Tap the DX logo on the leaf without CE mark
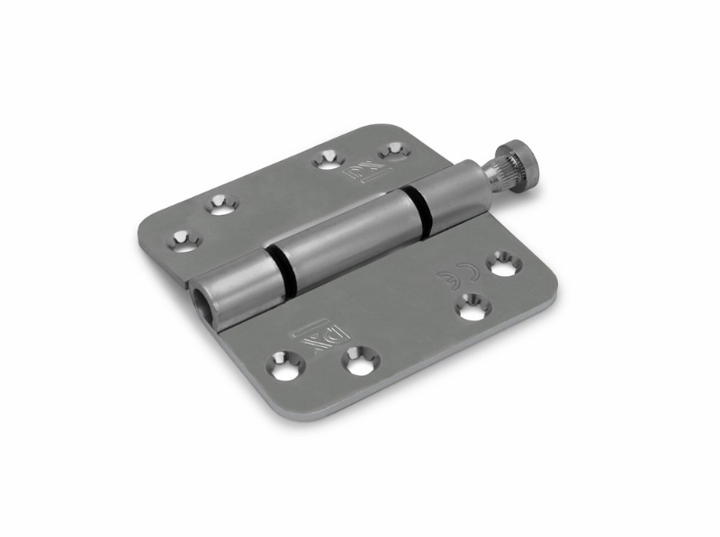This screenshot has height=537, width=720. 362,169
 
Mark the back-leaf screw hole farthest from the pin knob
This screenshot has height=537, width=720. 184,239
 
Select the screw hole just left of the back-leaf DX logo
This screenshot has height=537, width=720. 327,161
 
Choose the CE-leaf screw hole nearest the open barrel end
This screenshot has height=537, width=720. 283,365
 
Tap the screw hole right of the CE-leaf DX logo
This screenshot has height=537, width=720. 360,361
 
